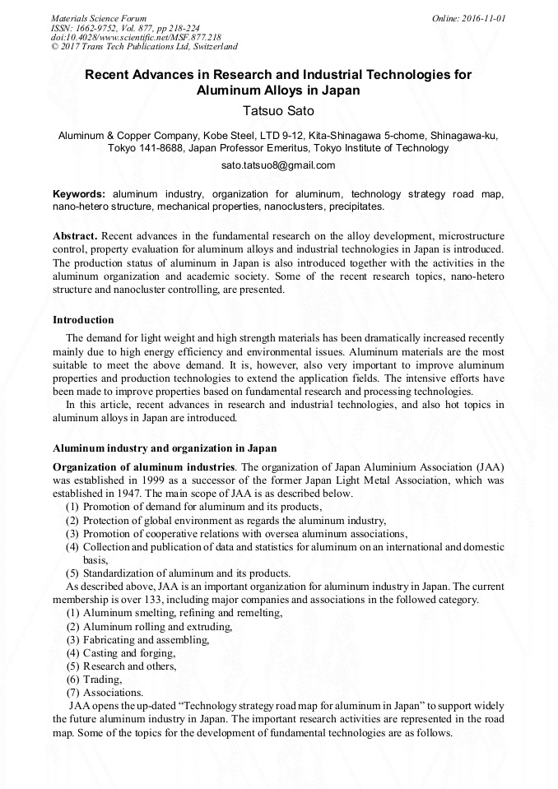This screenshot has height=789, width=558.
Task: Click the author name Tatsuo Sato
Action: click(278, 110)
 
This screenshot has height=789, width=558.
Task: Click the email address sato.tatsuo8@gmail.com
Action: click(278, 165)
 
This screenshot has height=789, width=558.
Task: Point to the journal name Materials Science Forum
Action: click(99, 18)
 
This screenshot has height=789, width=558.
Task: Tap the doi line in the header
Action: click(136, 38)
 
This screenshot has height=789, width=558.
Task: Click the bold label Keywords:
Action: click(79, 194)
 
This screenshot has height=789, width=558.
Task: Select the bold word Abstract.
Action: click(76, 235)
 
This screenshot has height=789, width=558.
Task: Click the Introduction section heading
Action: click(83, 319)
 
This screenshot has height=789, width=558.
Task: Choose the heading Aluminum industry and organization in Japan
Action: click(165, 448)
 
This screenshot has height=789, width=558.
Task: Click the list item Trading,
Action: click(103, 680)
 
